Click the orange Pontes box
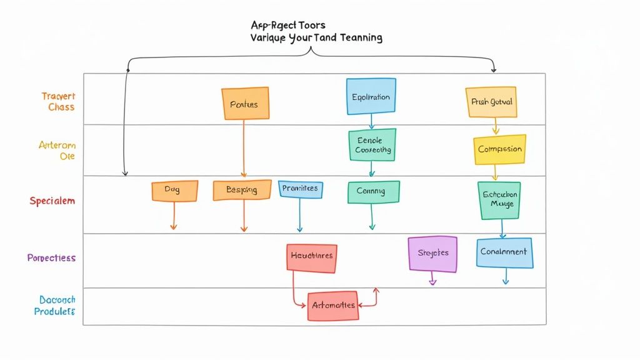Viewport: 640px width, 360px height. [x=245, y=104]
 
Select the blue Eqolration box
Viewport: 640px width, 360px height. [x=371, y=96]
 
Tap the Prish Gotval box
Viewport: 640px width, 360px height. [x=491, y=102]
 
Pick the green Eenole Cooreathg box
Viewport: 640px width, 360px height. [x=372, y=145]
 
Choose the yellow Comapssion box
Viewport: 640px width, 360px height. [x=499, y=150]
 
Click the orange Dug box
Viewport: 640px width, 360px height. [x=174, y=191]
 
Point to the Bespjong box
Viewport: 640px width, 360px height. [x=242, y=190]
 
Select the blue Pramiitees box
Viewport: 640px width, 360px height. [x=300, y=189]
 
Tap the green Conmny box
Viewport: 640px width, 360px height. [x=373, y=192]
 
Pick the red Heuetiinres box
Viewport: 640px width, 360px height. [x=312, y=256]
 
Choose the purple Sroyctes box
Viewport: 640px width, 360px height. [x=432, y=254]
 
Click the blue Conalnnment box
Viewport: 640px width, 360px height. [x=504, y=252]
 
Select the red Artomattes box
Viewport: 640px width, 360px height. [x=332, y=306]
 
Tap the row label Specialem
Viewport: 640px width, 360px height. [x=52, y=201]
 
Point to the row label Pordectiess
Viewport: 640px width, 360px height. [x=51, y=257]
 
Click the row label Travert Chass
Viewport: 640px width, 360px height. [x=58, y=101]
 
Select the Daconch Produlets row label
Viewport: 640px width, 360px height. [x=55, y=306]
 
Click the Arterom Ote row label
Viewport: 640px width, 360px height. [x=57, y=150]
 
